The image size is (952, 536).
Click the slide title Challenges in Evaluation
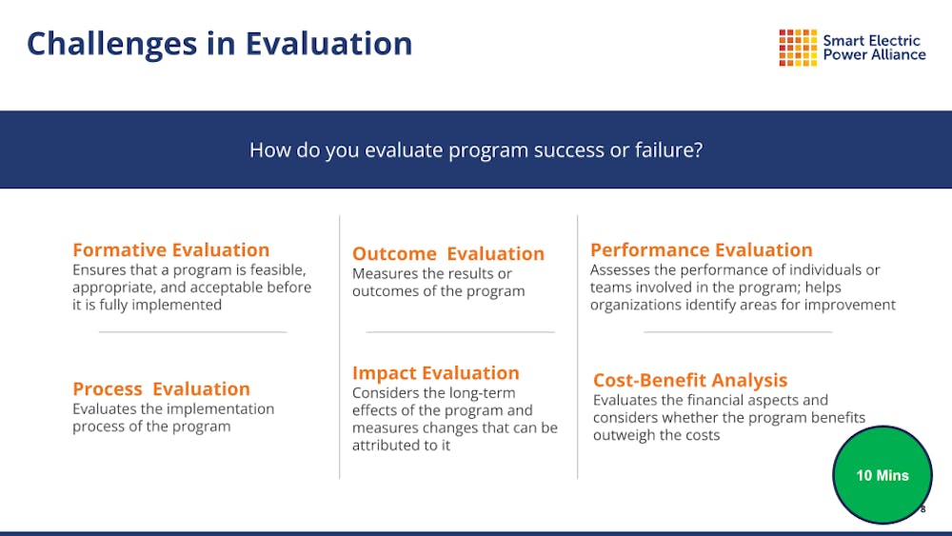[x=219, y=45]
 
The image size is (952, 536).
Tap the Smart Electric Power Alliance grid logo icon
[x=798, y=48]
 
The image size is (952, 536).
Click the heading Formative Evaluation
[x=171, y=249]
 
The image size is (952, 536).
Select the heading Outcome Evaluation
[x=448, y=253]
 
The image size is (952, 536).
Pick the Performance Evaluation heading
[x=702, y=249]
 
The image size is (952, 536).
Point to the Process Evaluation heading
[x=162, y=388]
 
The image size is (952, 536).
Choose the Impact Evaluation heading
[x=436, y=372]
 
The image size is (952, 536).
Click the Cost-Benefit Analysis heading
[x=690, y=380]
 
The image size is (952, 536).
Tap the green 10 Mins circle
[x=883, y=475]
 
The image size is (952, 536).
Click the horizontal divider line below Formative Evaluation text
[x=193, y=332]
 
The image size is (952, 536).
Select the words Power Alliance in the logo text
[x=874, y=54]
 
